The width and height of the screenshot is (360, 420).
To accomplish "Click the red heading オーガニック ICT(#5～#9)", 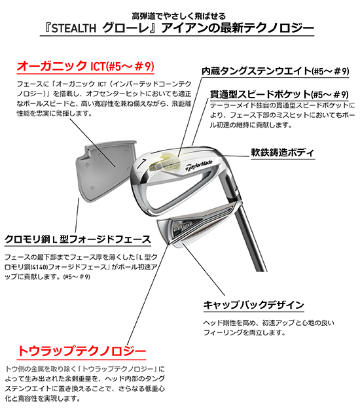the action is coord(86,66).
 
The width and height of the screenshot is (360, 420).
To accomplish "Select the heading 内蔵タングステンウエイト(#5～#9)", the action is coord(276,71).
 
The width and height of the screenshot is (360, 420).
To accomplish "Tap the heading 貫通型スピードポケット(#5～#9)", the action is coord(279,95).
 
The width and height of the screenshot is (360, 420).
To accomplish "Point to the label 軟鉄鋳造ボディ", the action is coord(283,152).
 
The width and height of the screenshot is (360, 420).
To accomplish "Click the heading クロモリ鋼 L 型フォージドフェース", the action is coord(78,239).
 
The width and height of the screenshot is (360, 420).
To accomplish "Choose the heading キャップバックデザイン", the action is coord(253,305).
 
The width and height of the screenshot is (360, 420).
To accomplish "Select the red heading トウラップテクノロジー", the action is coord(82,351).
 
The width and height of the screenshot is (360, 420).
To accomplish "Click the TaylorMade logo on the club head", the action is coord(199,166).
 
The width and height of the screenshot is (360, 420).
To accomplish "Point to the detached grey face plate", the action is coord(105,170).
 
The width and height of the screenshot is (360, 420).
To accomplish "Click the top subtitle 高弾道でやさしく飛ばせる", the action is coord(179,16).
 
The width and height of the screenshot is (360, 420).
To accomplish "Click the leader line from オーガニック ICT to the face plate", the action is coord(93,143).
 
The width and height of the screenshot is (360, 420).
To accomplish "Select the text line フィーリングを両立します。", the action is coord(244,333).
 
